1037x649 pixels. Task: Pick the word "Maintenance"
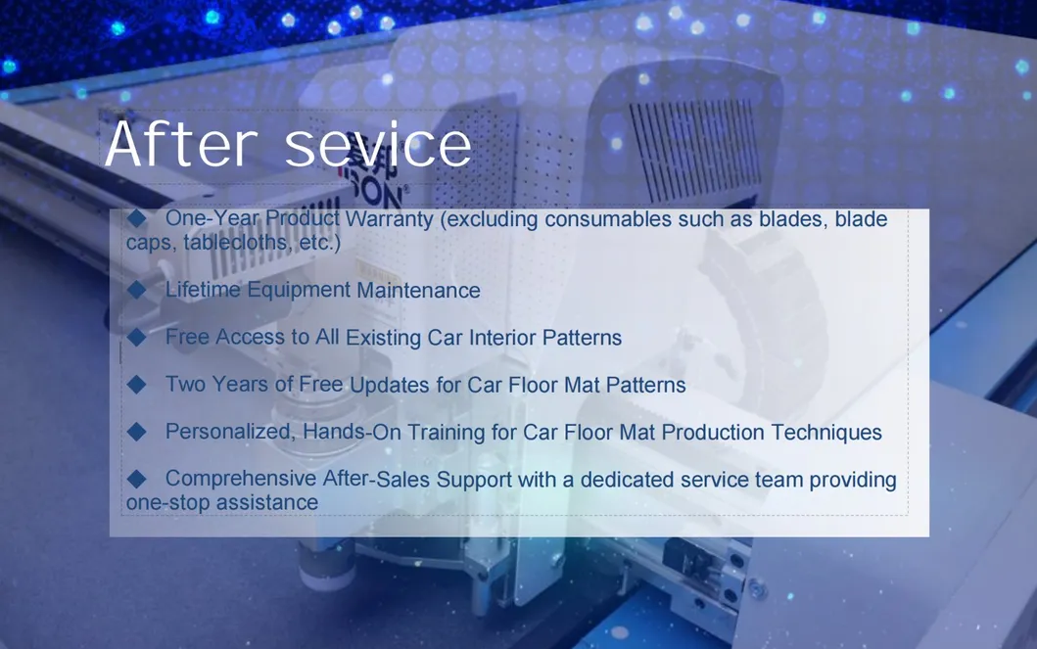(x=418, y=290)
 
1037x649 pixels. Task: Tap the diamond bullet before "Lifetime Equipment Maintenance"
(x=137, y=290)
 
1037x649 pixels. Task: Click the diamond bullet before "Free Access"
(x=137, y=337)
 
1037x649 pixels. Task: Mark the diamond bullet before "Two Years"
(x=137, y=385)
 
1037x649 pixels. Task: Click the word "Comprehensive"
(x=241, y=480)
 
